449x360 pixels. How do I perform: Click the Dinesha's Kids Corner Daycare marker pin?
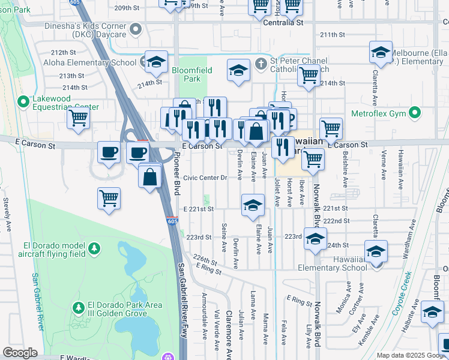[x=137, y=29]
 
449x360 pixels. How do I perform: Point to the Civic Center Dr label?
[x=205, y=178]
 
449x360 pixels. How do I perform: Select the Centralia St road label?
[x=284, y=23]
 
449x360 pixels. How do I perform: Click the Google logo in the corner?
[x=20, y=353]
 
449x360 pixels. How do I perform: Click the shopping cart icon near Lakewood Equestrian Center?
[x=79, y=119]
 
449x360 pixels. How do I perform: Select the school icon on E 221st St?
[x=253, y=205]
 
